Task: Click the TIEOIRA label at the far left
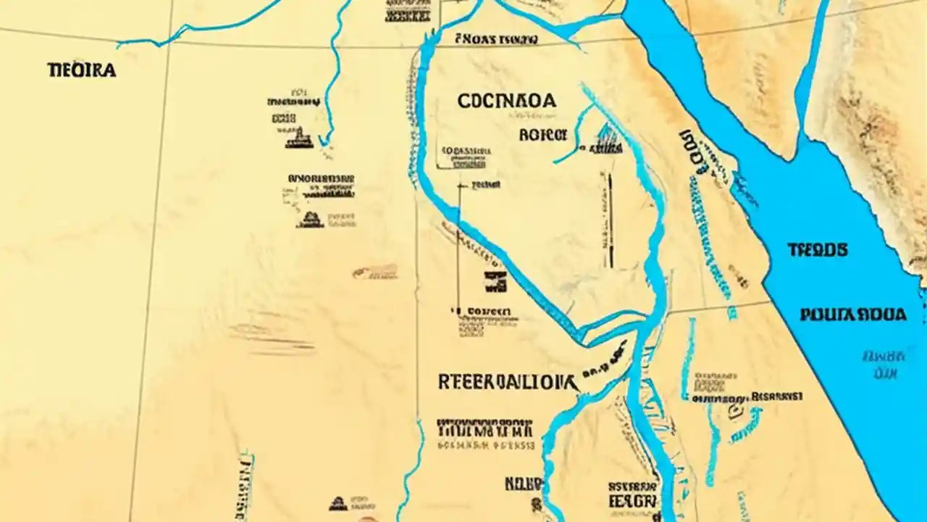pos(81,70)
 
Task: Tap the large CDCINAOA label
pos(507,101)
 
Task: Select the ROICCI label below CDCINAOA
pos(542,135)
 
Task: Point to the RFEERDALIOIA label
pos(507,382)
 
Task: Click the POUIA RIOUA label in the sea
pos(853,315)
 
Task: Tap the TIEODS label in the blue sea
pos(818,250)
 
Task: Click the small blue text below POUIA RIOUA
pos(884,365)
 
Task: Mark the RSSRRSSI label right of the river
pos(776,397)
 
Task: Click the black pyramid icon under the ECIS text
pos(299,138)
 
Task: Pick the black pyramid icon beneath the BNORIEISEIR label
pos(310,219)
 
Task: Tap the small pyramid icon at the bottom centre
pos(337,503)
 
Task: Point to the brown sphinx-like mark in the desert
pos(375,272)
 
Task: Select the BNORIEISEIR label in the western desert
pos(321,178)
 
